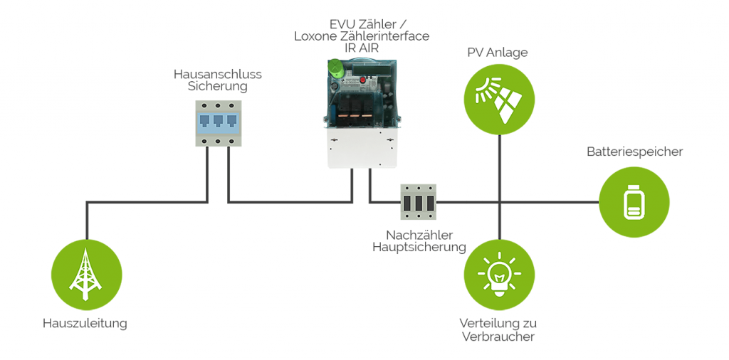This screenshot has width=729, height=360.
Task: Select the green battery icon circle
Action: (634, 201)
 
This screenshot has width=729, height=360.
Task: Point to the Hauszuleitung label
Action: (85, 324)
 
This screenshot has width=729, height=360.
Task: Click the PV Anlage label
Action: (497, 53)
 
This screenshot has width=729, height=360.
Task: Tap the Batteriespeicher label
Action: (634, 152)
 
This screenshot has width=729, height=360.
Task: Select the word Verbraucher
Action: (498, 337)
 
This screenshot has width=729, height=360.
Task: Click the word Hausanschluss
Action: (218, 73)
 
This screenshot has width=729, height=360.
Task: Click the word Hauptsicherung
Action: (419, 248)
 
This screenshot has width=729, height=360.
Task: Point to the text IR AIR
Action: (361, 48)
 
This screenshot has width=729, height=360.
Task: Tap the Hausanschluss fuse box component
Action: (218, 123)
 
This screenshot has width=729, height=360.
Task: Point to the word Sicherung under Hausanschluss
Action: (218, 86)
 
